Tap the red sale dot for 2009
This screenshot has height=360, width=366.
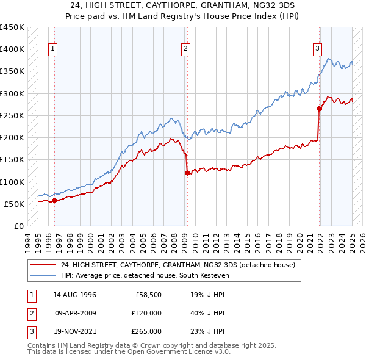pos(187,173)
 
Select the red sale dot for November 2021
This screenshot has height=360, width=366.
pos(319,109)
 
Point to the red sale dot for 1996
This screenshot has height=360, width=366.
pos(54,200)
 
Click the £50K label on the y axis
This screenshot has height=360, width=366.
pos(14,204)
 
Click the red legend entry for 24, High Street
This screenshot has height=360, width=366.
pos(178,265)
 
